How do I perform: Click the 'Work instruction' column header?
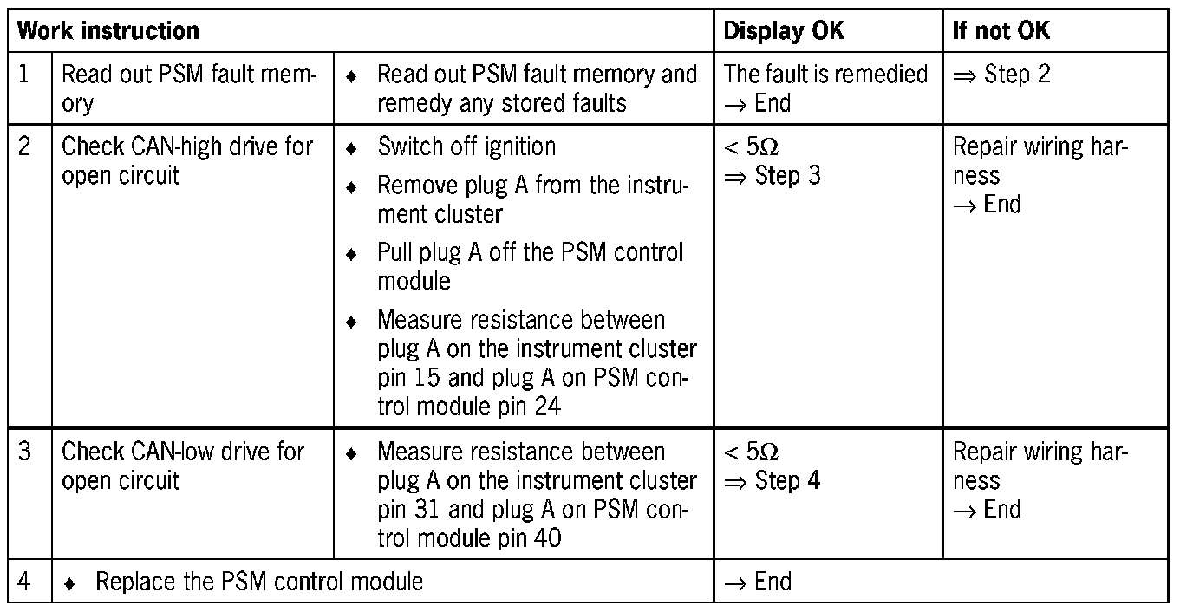pyautogui.click(x=108, y=31)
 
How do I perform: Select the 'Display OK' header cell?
pyautogui.click(x=784, y=31)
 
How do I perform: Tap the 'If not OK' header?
pyautogui.click(x=1001, y=31)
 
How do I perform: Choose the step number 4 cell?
pyautogui.click(x=25, y=581)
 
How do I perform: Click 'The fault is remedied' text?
pyautogui.click(x=825, y=75)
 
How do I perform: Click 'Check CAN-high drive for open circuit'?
pyautogui.click(x=186, y=160)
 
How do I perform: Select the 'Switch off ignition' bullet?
pyautogui.click(x=466, y=146)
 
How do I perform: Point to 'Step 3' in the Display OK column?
pyautogui.click(x=787, y=176)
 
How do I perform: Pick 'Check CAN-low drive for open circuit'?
pyautogui.click(x=182, y=466)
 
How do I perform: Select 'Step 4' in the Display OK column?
pyautogui.click(x=787, y=480)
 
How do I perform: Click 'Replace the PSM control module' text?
pyautogui.click(x=259, y=581)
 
